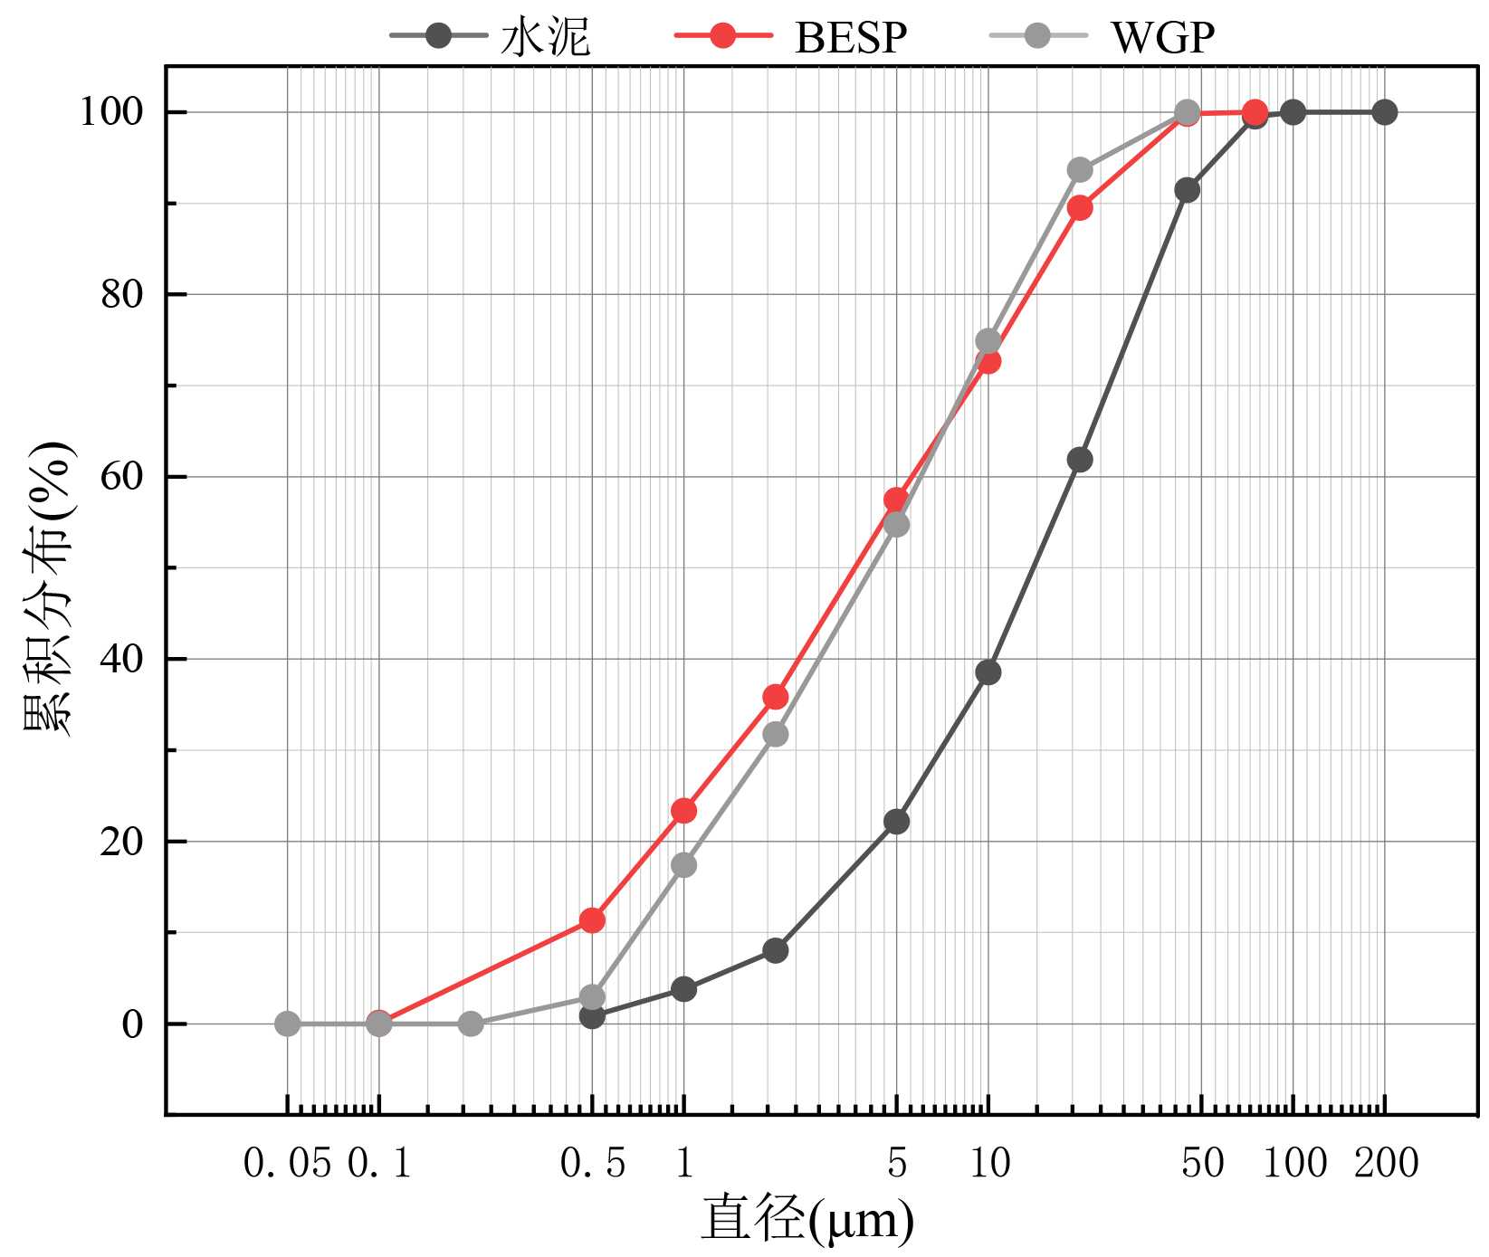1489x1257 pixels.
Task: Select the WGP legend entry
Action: pyautogui.click(x=1103, y=37)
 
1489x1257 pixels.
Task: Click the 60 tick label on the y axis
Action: pyautogui.click(x=121, y=476)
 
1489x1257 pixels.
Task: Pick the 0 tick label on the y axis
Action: pyautogui.click(x=132, y=1024)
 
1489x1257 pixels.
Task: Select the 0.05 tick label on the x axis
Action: pyautogui.click(x=287, y=1163)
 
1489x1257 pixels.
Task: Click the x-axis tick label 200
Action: pyautogui.click(x=1386, y=1163)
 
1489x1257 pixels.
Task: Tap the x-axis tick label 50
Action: pyautogui.click(x=1202, y=1163)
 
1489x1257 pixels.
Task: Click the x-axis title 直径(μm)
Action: pyautogui.click(x=807, y=1219)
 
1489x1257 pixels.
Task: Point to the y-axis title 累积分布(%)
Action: pyautogui.click(x=47, y=588)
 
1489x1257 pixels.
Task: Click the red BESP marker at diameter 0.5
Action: pyautogui.click(x=592, y=920)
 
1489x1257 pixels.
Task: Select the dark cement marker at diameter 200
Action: pyautogui.click(x=1384, y=112)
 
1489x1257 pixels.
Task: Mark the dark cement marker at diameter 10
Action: pyautogui.click(x=988, y=672)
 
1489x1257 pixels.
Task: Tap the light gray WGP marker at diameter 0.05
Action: pyautogui.click(x=287, y=1024)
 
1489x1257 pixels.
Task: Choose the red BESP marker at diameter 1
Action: pyautogui.click(x=684, y=811)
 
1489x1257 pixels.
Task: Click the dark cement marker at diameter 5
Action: pyautogui.click(x=896, y=822)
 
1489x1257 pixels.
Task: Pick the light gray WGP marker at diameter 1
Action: pyautogui.click(x=684, y=865)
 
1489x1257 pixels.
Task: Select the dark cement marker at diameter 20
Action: pyautogui.click(x=1080, y=460)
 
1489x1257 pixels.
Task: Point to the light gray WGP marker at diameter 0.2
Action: pyautogui.click(x=471, y=1024)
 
